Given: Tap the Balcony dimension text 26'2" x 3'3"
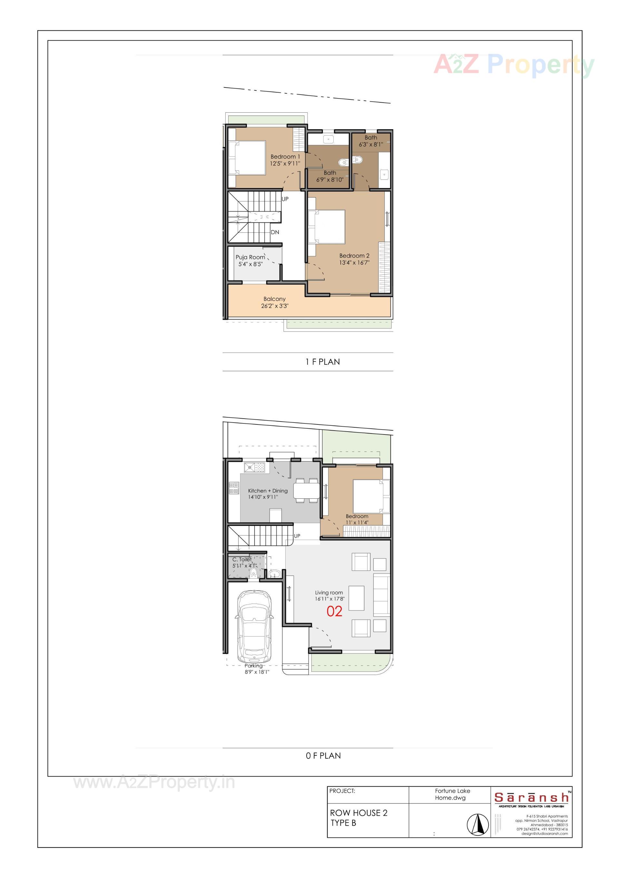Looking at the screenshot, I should [274, 306].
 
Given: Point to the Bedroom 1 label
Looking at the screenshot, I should [285, 157].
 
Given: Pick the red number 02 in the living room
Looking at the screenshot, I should [334, 612].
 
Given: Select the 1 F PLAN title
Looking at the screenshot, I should [322, 362].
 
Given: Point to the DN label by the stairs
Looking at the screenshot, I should [275, 232].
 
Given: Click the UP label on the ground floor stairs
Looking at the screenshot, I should [297, 536].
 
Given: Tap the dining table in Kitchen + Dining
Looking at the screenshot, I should [306, 490].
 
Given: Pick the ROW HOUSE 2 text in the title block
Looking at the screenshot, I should [359, 813].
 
